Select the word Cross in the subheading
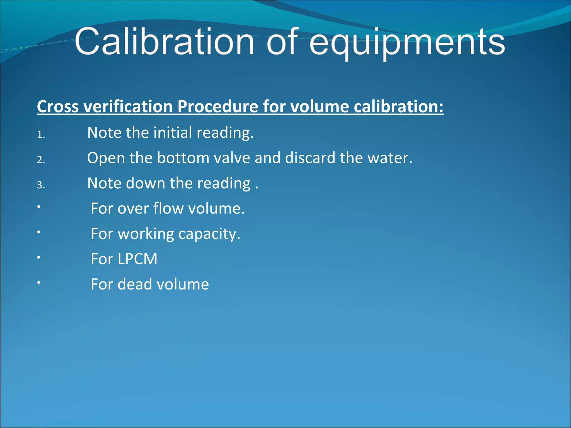[x=58, y=106]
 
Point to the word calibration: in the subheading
[x=399, y=106]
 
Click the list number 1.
[x=41, y=135]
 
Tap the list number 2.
[x=41, y=160]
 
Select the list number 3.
[x=41, y=185]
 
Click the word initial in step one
[x=172, y=132]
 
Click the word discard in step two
[x=310, y=158]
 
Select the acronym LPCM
[x=137, y=259]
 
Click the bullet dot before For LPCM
[x=39, y=257]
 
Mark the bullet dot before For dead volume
[x=39, y=283]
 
